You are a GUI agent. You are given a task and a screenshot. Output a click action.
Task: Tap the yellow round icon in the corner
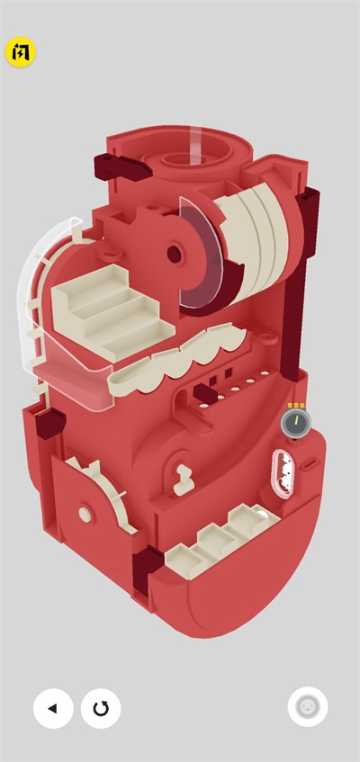click(21, 52)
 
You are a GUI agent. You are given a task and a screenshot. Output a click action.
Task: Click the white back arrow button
click(53, 708)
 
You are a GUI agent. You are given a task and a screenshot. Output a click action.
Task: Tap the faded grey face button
click(308, 706)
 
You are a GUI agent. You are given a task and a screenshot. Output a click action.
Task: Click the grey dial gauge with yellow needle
click(296, 422)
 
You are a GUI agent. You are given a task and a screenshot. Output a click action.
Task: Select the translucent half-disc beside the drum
click(201, 253)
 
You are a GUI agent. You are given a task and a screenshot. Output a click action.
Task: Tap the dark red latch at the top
click(121, 167)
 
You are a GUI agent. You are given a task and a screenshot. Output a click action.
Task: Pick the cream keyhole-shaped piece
click(184, 480)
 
